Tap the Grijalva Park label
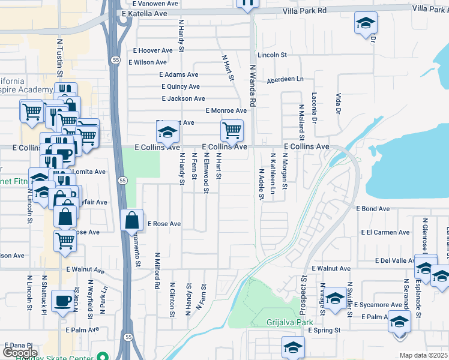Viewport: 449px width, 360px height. click(x=291, y=322)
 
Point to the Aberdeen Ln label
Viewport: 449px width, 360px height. click(x=285, y=79)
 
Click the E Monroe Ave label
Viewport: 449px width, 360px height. click(x=226, y=110)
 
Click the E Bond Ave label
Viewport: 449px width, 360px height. click(x=373, y=209)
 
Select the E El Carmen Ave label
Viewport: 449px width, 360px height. click(x=385, y=232)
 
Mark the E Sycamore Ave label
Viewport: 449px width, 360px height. click(x=378, y=305)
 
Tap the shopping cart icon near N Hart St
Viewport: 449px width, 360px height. click(x=232, y=129)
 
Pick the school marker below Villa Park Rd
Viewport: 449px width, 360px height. click(x=364, y=23)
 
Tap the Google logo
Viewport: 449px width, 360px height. click(x=20, y=353)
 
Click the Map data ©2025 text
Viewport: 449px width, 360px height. click(x=423, y=355)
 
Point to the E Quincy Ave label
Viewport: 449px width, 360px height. click(x=179, y=86)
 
